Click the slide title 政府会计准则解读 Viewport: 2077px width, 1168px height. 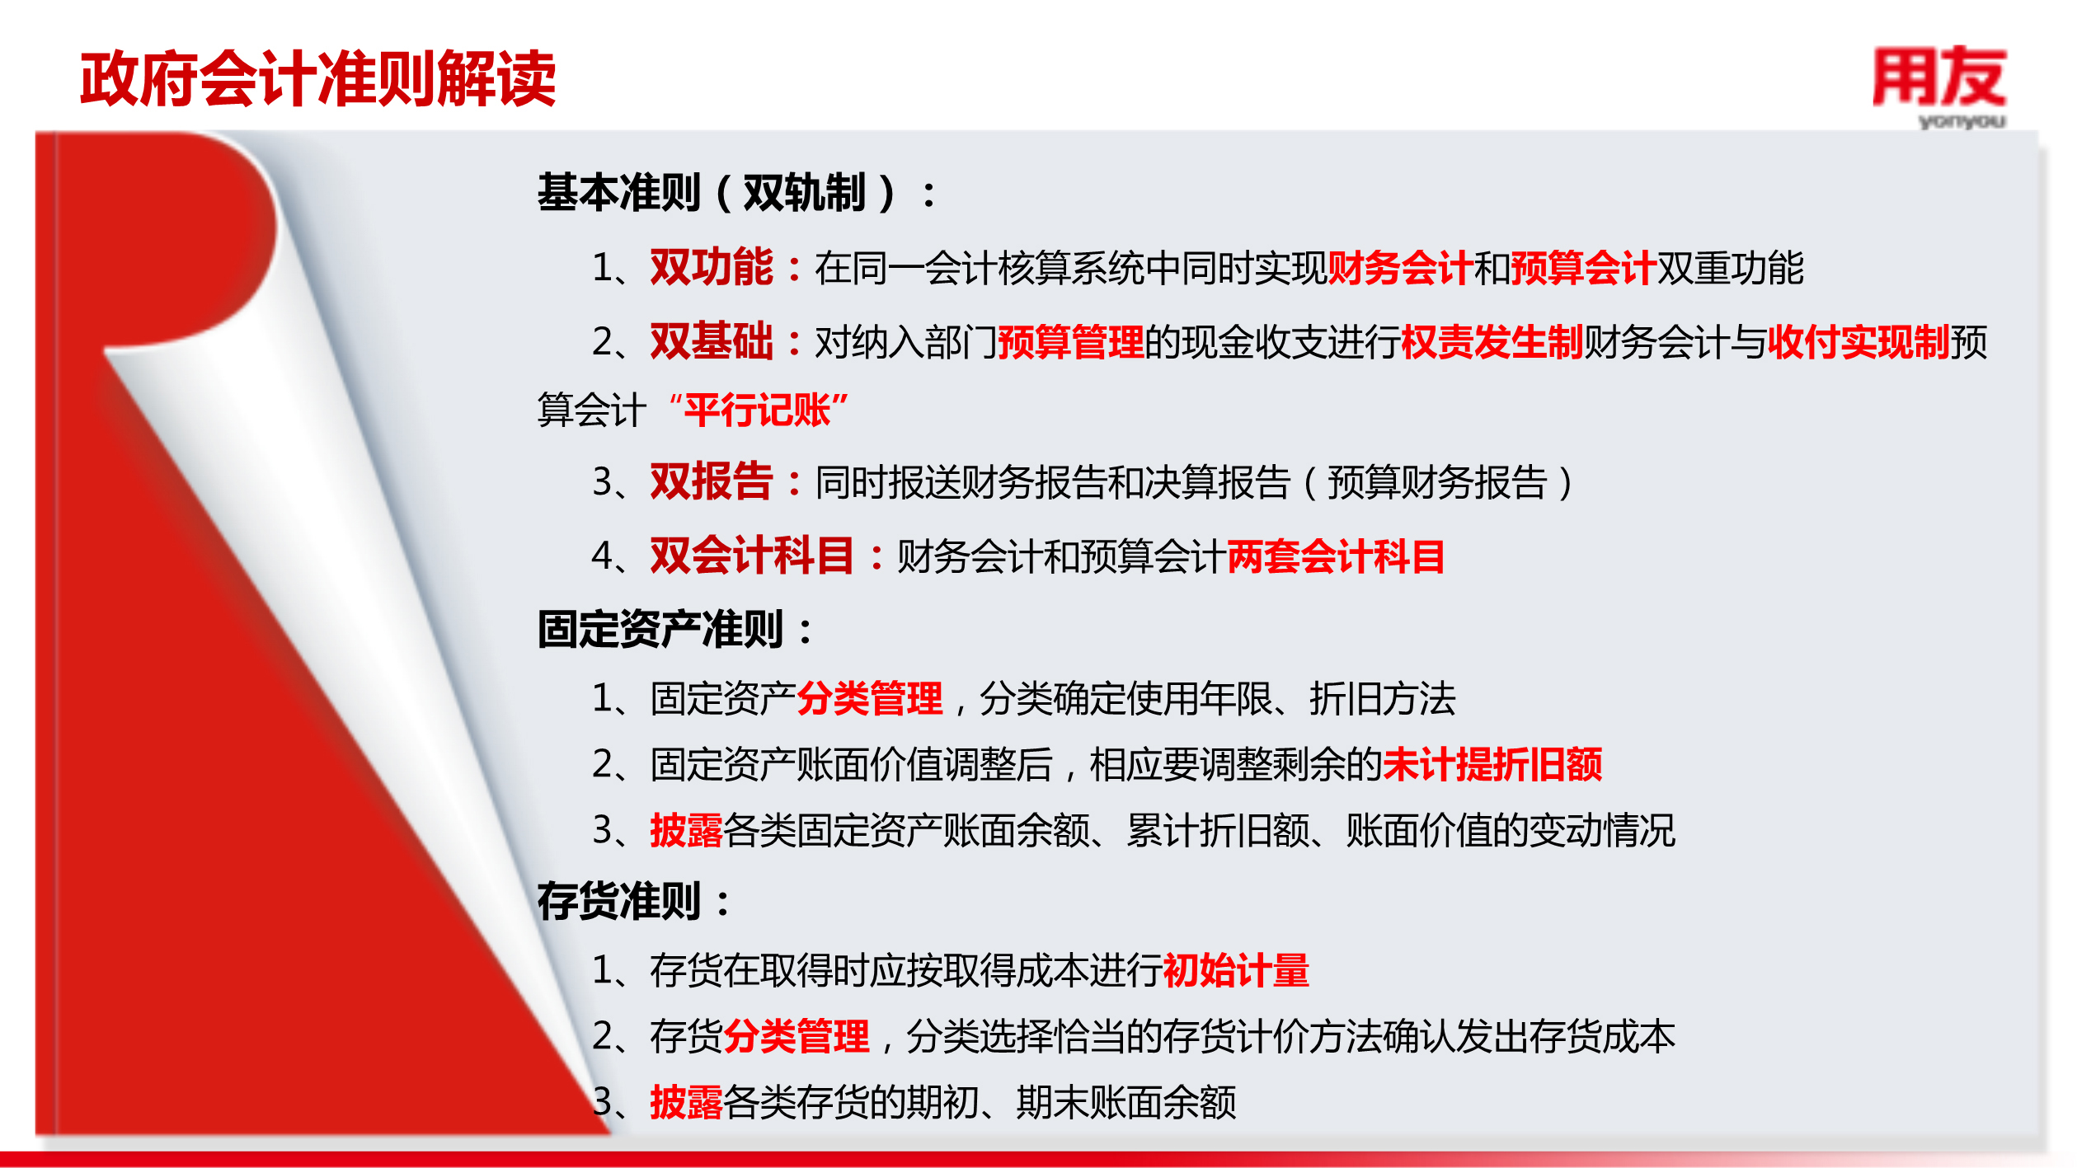tap(318, 78)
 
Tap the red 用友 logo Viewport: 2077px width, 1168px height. tap(1939, 77)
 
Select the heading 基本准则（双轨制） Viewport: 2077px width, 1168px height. tap(717, 193)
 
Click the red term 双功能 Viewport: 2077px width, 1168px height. tap(712, 267)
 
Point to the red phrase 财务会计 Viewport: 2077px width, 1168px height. tap(1400, 268)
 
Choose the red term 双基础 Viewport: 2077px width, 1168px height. tap(712, 341)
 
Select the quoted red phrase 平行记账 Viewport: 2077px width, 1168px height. tap(759, 410)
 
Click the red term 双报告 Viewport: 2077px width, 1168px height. tap(712, 481)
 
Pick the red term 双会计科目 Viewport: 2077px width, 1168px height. tap(752, 556)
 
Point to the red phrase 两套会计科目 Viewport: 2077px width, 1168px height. tap(1336, 556)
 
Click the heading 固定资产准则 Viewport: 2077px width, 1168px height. tap(660, 630)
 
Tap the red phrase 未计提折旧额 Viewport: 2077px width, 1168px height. tap(1492, 764)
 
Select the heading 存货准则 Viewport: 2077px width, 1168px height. tap(619, 901)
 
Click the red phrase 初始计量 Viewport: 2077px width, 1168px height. tap(1236, 970)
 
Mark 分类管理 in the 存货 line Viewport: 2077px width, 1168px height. tap(796, 1036)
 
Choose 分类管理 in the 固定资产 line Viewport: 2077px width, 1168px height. tap(870, 699)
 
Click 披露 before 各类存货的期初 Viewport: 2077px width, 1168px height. tap(686, 1102)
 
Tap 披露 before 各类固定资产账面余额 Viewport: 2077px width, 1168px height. tap(686, 830)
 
